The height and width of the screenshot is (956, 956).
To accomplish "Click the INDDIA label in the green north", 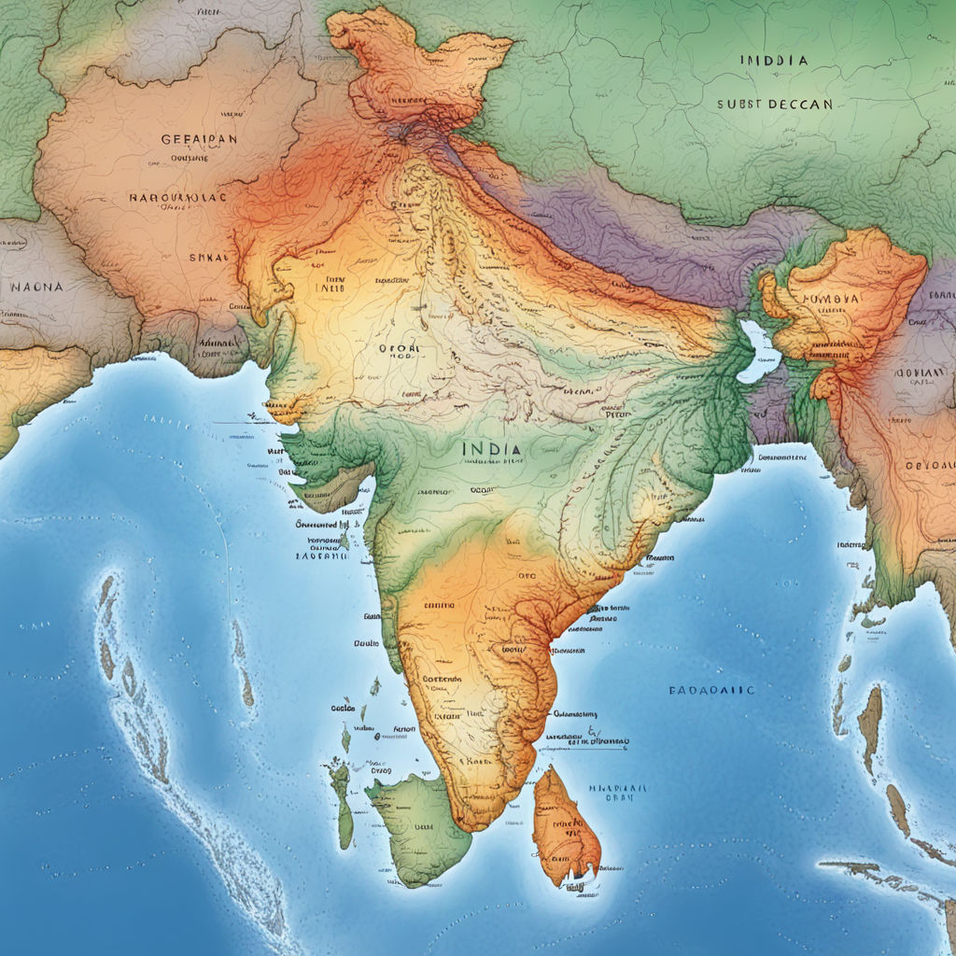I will (x=774, y=60).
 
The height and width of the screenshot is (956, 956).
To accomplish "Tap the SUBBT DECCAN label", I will (x=774, y=105).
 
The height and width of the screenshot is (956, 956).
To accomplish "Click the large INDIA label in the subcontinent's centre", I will (x=491, y=448).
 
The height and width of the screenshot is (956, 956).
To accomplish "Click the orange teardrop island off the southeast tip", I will (x=564, y=825).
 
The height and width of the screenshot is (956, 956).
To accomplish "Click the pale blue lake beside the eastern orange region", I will (x=758, y=353).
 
